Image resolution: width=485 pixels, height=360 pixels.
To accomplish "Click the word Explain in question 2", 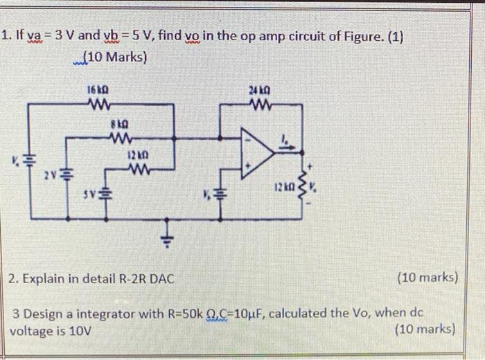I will tap(42, 278).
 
